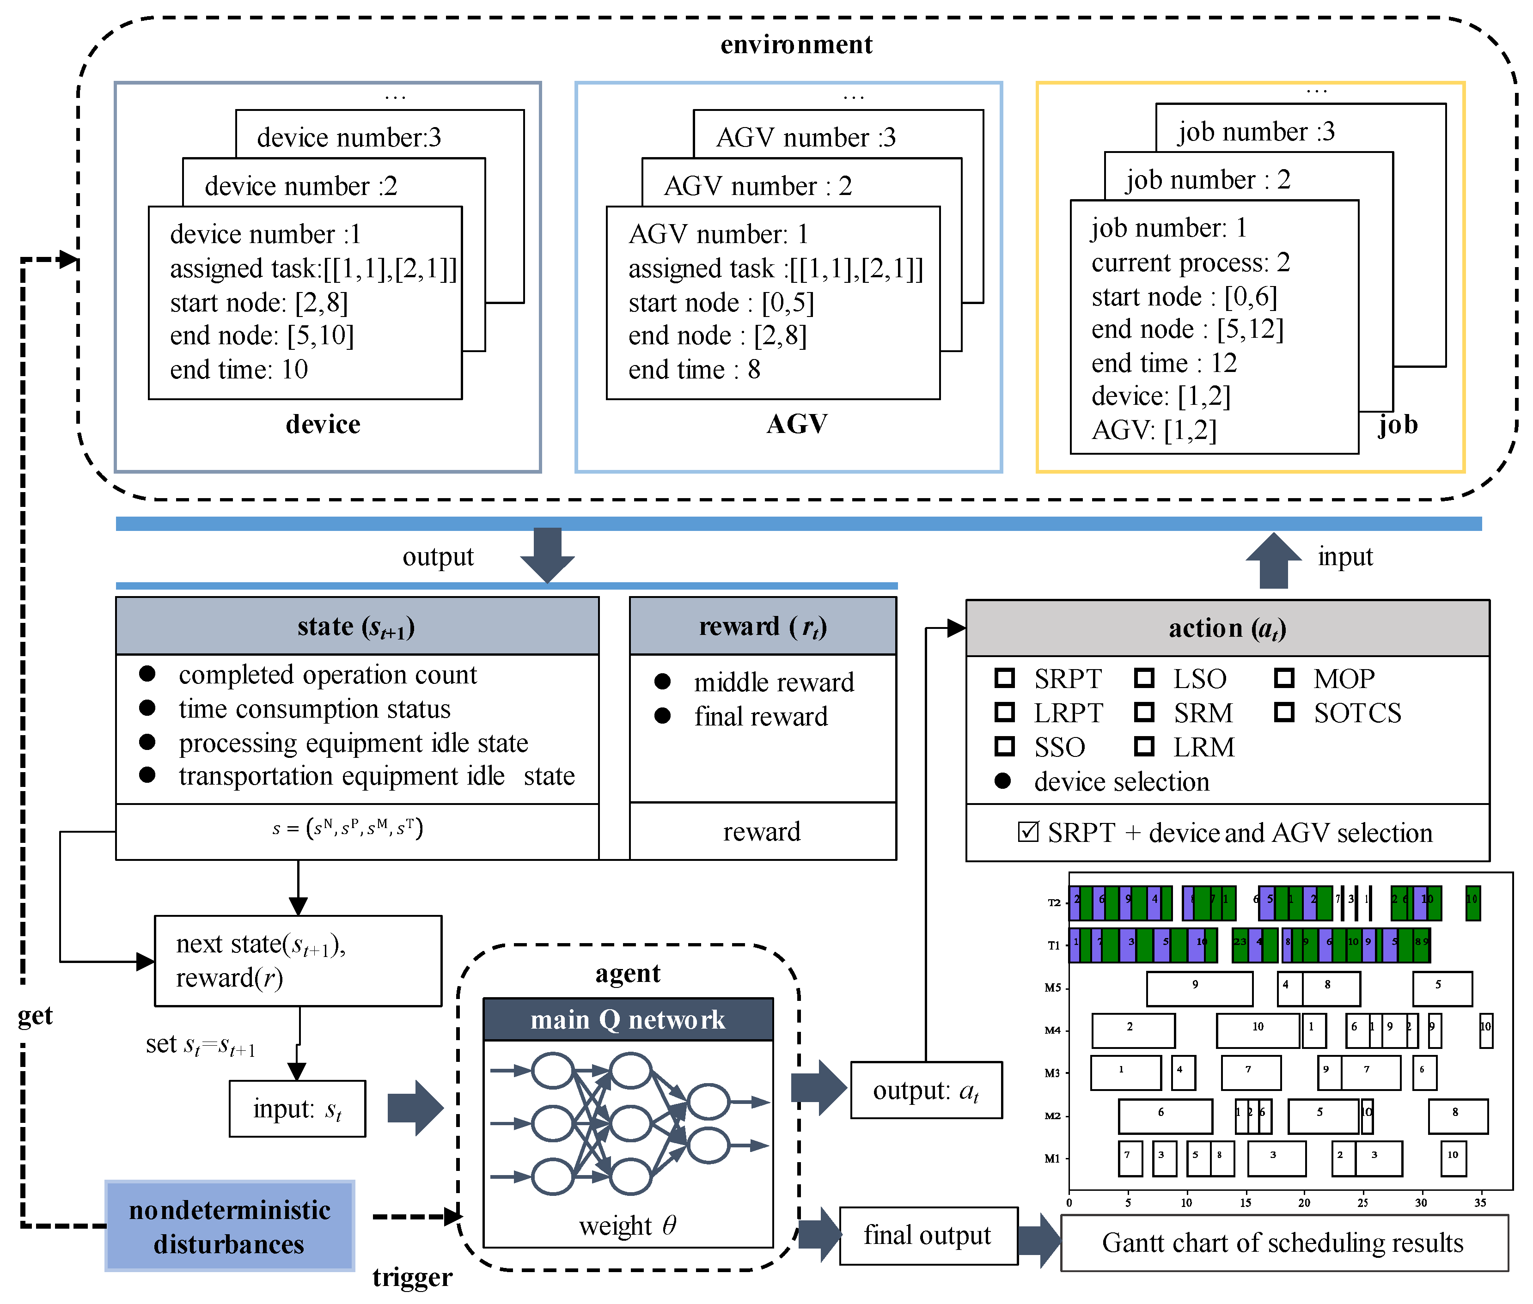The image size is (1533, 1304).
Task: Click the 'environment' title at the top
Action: pyautogui.click(x=796, y=45)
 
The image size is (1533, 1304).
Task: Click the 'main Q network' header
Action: pyautogui.click(x=628, y=1019)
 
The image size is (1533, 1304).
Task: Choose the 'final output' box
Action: pyautogui.click(x=928, y=1235)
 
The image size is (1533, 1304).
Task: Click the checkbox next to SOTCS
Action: pyautogui.click(x=1284, y=712)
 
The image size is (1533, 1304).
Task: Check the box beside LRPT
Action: pyautogui.click(x=1004, y=712)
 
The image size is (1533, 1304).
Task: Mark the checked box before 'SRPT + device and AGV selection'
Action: pyautogui.click(x=1027, y=832)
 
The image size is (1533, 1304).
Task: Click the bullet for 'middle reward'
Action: pyautogui.click(x=662, y=682)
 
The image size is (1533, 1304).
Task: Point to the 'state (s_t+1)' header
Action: pyautogui.click(x=356, y=627)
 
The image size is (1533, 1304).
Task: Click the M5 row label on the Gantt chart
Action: pyautogui.click(x=1052, y=987)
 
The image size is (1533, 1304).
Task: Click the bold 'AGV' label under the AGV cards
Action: pyautogui.click(x=796, y=424)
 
